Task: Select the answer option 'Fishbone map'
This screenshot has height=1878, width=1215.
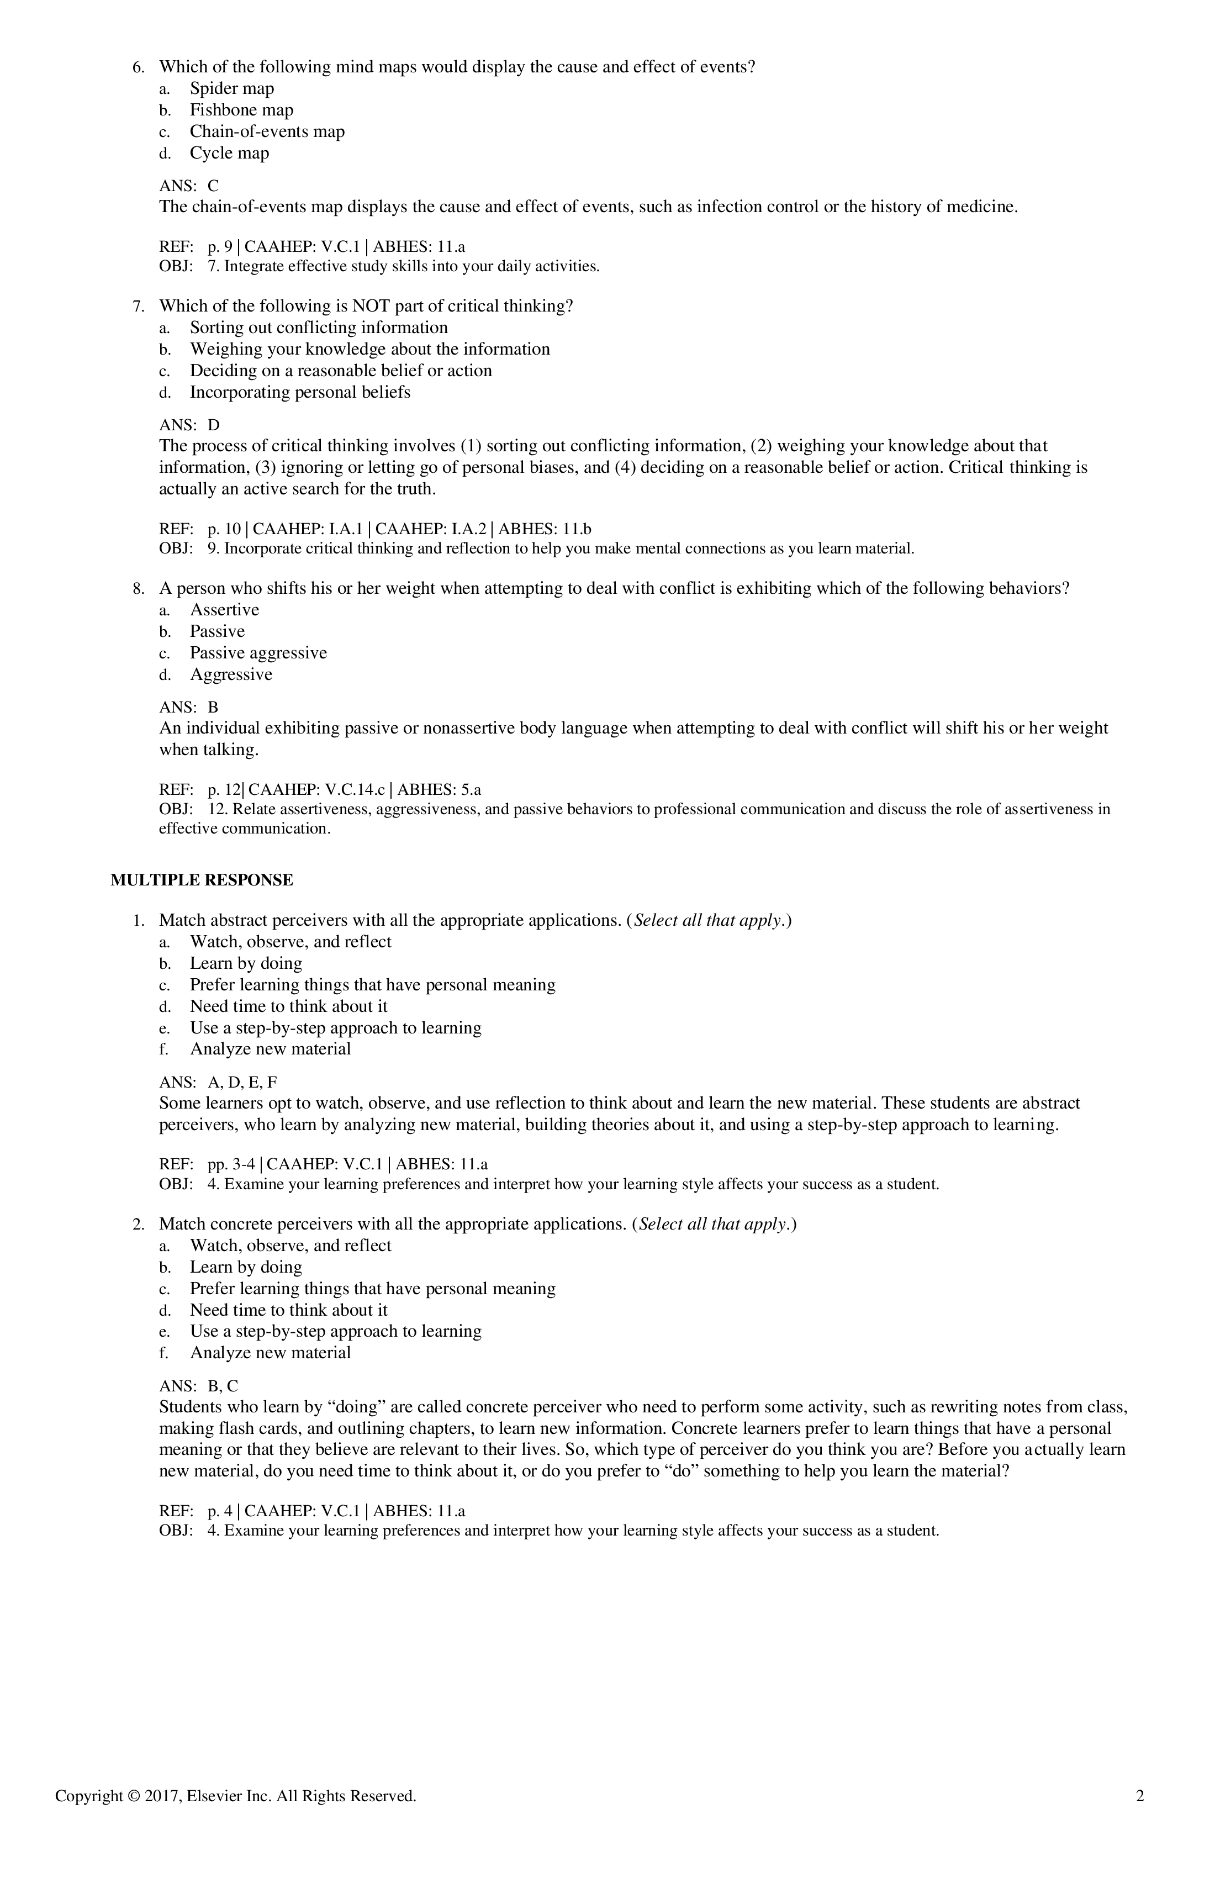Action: [x=241, y=110]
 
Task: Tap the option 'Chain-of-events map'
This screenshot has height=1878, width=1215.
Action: [x=267, y=132]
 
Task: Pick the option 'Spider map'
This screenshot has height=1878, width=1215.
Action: [x=232, y=89]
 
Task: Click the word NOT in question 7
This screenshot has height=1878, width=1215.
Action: [x=368, y=306]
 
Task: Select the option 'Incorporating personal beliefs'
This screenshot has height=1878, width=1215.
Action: [x=300, y=392]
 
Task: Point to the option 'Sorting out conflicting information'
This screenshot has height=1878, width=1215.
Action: [x=319, y=328]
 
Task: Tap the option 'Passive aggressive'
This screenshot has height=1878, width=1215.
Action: [x=258, y=653]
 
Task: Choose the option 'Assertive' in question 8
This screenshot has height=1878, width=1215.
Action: [x=224, y=610]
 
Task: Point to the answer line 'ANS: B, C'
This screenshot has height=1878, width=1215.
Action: [x=199, y=1386]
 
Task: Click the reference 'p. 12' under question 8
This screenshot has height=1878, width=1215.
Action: [x=224, y=789]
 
